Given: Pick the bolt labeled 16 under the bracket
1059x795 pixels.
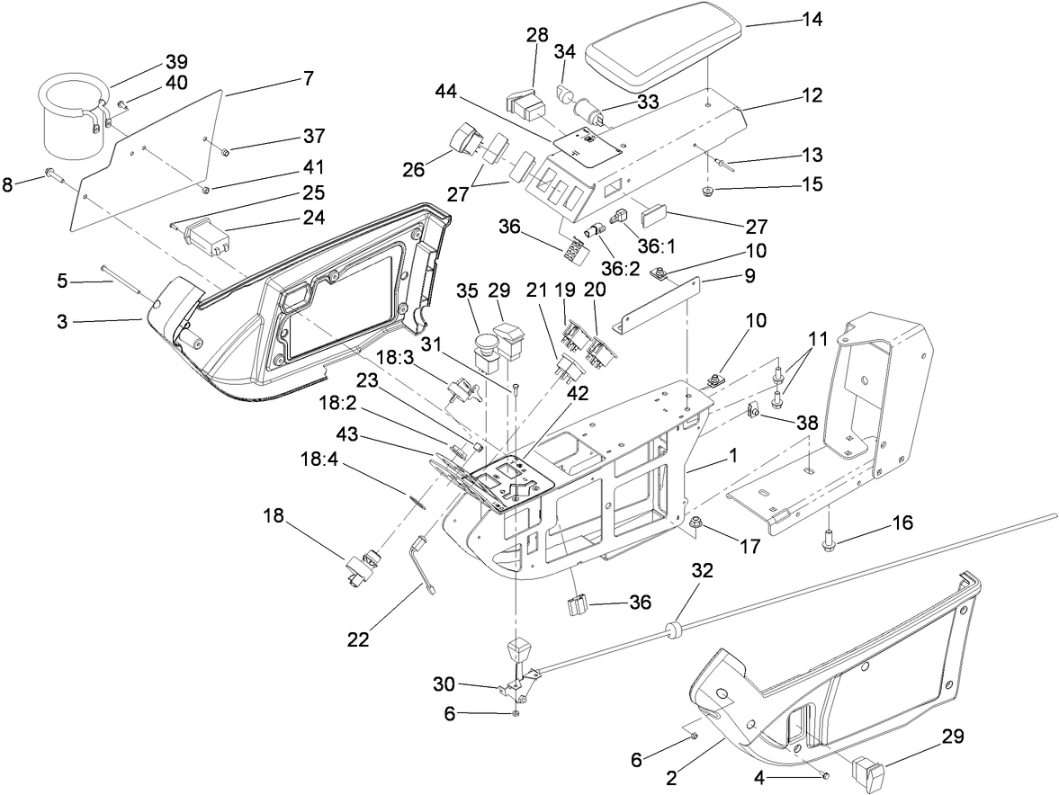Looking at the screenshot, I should (x=827, y=540).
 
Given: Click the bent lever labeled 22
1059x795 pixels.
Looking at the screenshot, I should (x=423, y=562).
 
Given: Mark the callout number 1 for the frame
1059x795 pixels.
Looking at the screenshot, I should (x=734, y=456).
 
